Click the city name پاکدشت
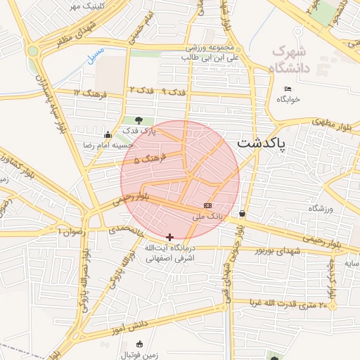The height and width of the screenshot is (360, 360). coord(262,143)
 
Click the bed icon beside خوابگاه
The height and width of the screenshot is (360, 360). coord(288,89)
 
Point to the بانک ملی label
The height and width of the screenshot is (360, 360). coord(207,217)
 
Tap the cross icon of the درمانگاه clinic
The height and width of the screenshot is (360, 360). coord(169,238)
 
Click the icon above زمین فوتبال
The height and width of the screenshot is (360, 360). coord(139,344)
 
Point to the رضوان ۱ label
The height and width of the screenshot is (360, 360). coord(70,231)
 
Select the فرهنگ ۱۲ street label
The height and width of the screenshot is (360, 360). coord(89,93)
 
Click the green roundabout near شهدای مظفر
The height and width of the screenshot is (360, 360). coord(33,51)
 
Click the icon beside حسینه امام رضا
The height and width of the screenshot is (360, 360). coord(107,135)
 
